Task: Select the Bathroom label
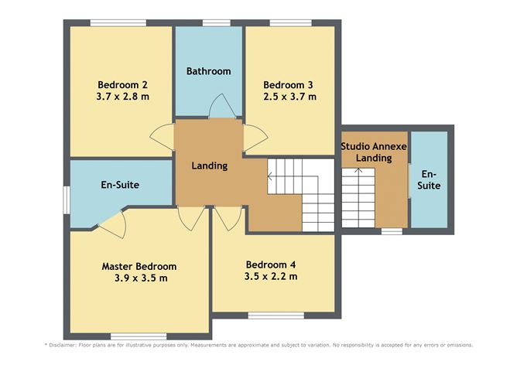pos(208,71)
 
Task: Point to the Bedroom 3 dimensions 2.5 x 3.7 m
pos(289,97)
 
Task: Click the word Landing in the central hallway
pos(209,165)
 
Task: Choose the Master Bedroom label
pos(139,266)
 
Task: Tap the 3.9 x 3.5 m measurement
pos(139,278)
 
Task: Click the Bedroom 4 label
pos(269,264)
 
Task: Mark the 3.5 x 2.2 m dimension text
pos(270,276)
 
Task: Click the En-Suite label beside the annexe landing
pos(429,179)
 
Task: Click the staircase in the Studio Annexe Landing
pos(358,197)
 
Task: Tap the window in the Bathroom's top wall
pos(208,22)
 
